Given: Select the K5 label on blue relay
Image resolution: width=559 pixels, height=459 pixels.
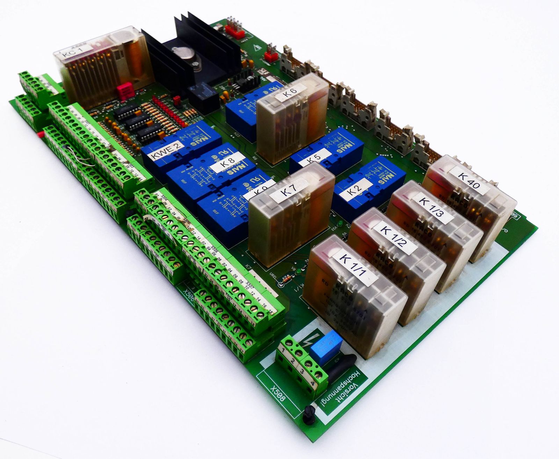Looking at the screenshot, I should tap(314, 158).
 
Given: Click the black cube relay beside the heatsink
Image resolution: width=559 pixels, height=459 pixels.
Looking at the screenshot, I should tap(202, 94).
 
